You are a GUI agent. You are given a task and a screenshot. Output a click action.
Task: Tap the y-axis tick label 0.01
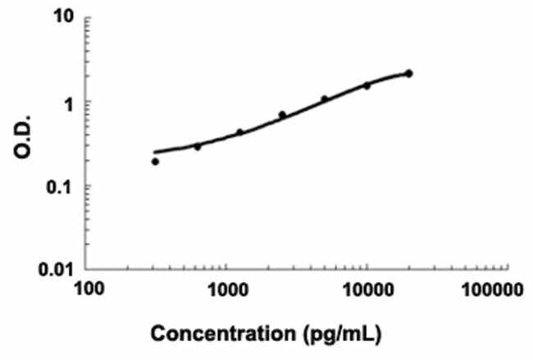coord(57,269)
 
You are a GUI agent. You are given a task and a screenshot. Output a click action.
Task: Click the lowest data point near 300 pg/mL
coord(155,162)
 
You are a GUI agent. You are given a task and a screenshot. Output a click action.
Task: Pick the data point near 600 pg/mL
coord(198,147)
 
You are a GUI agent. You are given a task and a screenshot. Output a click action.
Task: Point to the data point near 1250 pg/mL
coord(239,132)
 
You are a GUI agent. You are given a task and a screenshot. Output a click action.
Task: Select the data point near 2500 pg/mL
coord(282,115)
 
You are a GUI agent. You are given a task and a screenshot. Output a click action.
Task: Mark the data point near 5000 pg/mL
coord(325,99)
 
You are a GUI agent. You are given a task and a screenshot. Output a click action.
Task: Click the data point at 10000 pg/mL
coord(367,85)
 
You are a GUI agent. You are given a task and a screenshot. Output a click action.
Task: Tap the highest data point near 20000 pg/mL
coord(409,74)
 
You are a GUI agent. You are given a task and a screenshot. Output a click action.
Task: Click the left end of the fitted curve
coord(154,153)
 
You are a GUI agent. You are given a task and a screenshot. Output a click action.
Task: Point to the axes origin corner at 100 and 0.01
coord(89,268)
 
